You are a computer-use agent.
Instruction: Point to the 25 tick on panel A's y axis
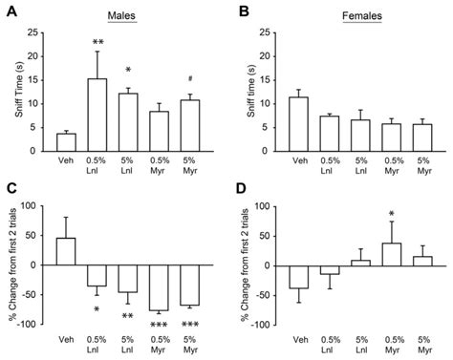35,32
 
